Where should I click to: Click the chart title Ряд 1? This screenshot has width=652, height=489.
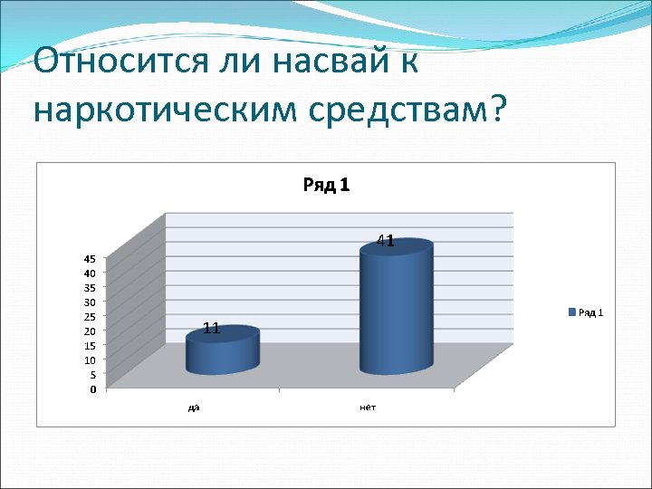[326, 186]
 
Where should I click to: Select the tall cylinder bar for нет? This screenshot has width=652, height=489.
[396, 308]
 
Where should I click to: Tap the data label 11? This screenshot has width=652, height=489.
[212, 328]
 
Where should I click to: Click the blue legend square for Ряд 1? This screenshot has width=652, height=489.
[571, 312]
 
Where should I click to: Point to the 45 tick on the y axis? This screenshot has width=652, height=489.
[91, 258]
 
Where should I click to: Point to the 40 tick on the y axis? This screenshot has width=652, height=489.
[91, 273]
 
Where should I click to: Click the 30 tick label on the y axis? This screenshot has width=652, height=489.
[91, 302]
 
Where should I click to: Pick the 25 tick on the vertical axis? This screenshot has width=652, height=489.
[91, 316]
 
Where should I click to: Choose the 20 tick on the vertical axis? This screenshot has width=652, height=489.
[91, 331]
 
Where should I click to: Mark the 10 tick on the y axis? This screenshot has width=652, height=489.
[91, 360]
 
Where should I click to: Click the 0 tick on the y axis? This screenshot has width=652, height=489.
[93, 389]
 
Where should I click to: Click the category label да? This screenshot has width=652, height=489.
[194, 407]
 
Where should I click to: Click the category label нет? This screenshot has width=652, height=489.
[368, 407]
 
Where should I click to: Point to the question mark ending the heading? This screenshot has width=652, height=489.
[497, 109]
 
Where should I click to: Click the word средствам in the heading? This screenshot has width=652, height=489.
[390, 109]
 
